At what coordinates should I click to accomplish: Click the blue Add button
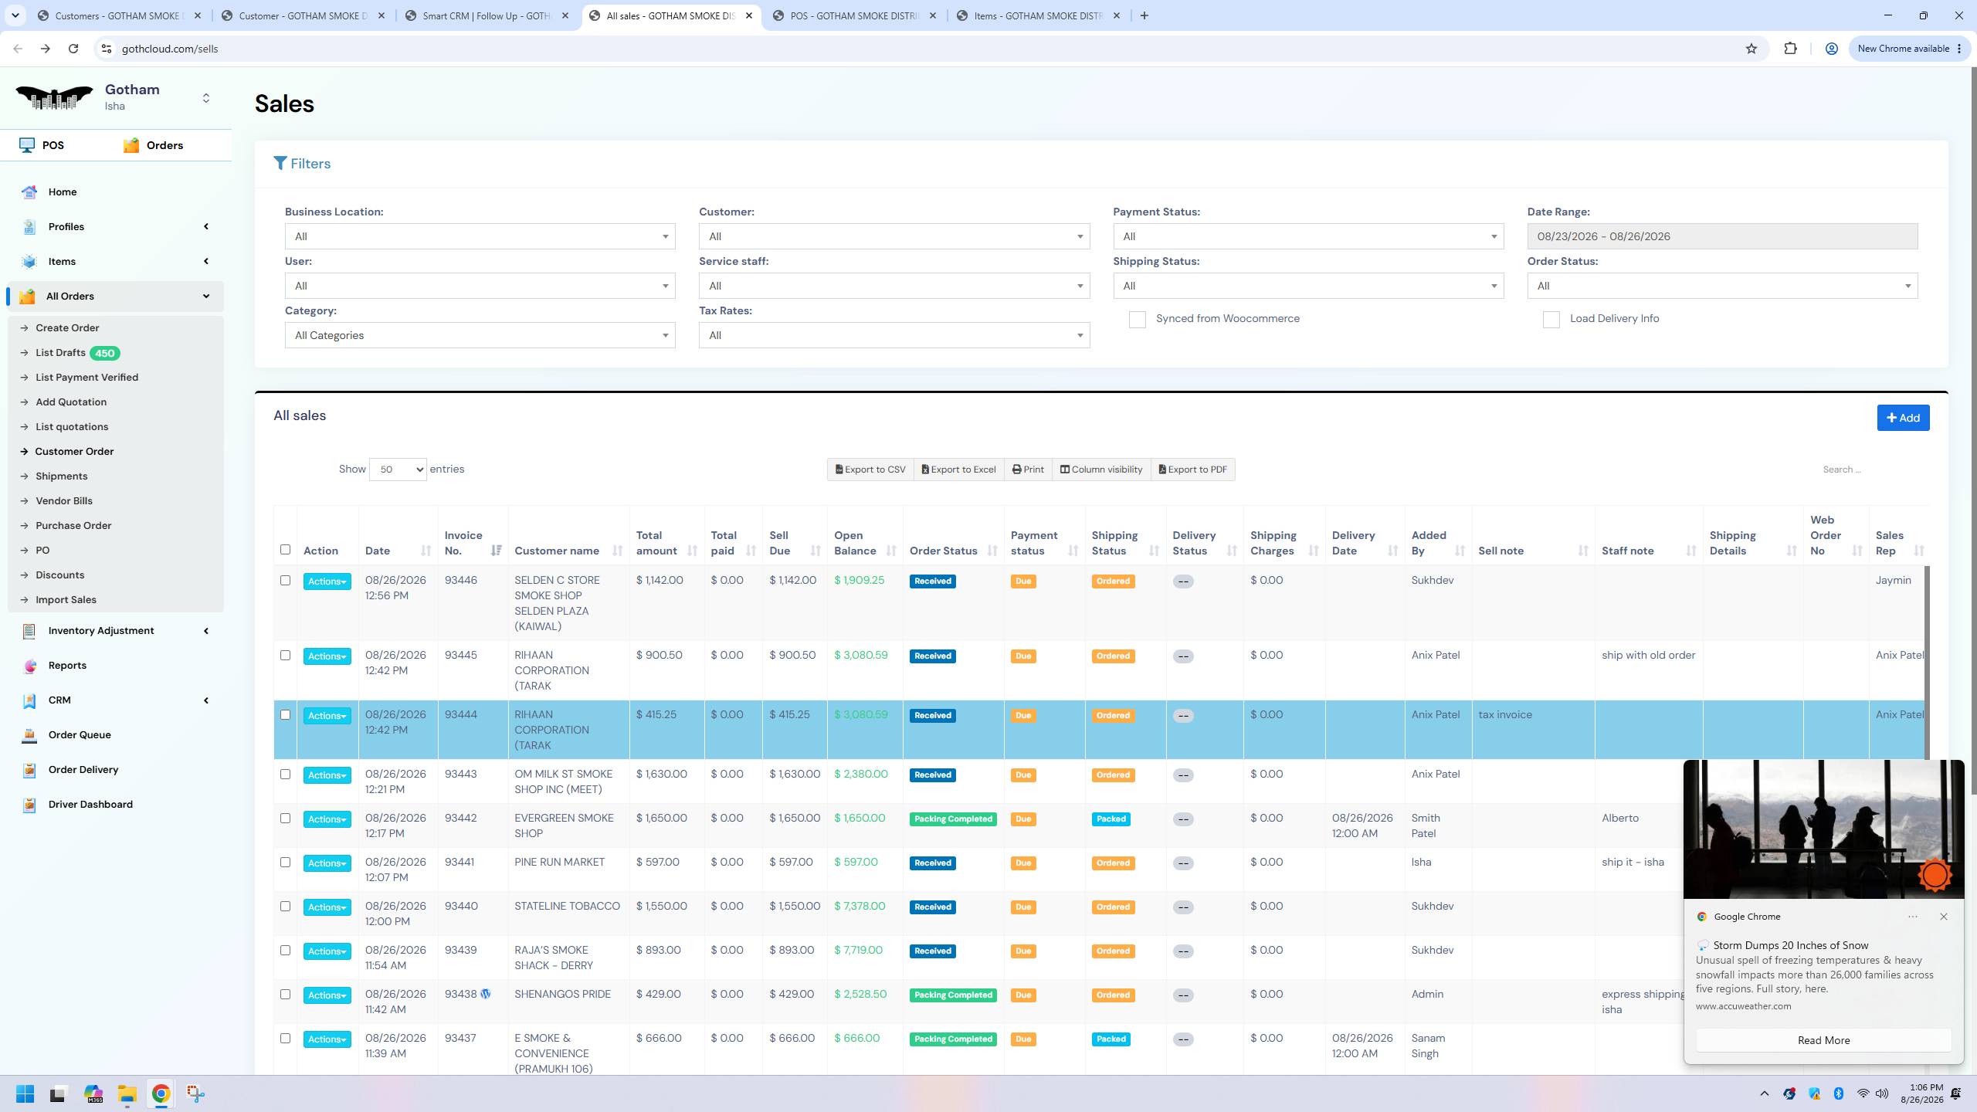pyautogui.click(x=1903, y=418)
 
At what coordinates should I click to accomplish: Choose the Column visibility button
pyautogui.click(x=1100, y=470)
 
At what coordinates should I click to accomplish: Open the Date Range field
pyautogui.click(x=1722, y=236)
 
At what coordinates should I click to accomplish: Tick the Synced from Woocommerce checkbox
pyautogui.click(x=1137, y=320)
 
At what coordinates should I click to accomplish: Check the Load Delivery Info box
pyautogui.click(x=1551, y=320)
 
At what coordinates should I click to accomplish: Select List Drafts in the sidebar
pyautogui.click(x=60, y=353)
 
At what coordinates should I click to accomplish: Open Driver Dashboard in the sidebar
pyautogui.click(x=90, y=804)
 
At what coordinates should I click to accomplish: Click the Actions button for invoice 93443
pyautogui.click(x=327, y=775)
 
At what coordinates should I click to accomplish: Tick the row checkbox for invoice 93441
pyautogui.click(x=285, y=862)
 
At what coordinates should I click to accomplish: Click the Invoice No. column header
pyautogui.click(x=463, y=543)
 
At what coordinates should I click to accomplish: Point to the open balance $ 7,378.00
pyautogui.click(x=860, y=906)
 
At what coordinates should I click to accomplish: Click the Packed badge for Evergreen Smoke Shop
pyautogui.click(x=1111, y=819)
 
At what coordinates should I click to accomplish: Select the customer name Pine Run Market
pyautogui.click(x=560, y=862)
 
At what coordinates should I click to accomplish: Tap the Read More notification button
pyautogui.click(x=1823, y=1040)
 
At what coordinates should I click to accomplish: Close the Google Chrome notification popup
pyautogui.click(x=1943, y=917)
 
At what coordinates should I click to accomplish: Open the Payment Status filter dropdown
pyautogui.click(x=1308, y=236)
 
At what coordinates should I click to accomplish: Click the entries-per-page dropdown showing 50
pyautogui.click(x=398, y=470)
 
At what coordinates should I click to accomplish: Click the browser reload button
pyautogui.click(x=73, y=49)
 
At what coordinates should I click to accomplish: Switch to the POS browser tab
pyautogui.click(x=853, y=15)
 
